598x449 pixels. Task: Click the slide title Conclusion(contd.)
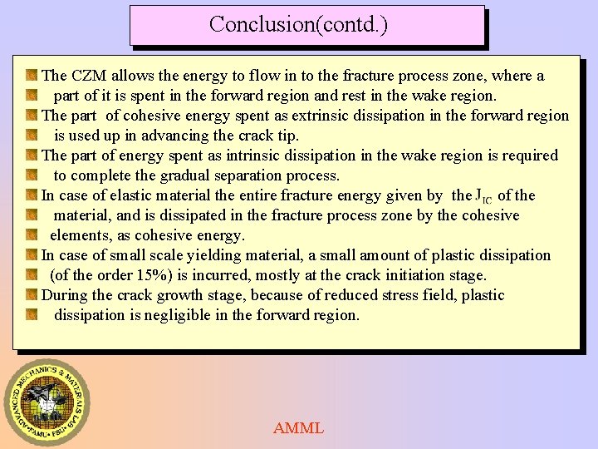(298, 24)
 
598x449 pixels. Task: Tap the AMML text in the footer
(298, 428)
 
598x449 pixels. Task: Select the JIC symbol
(483, 196)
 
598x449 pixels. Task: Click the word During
(64, 295)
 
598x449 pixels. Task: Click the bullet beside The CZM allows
(31, 76)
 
